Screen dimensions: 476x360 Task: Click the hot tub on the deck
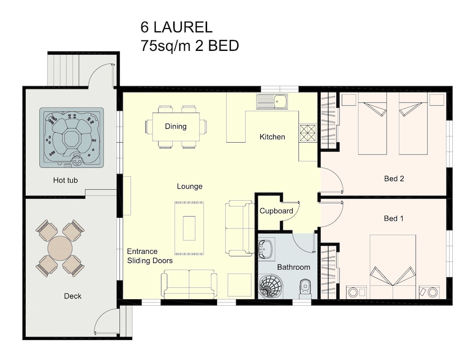coord(71,137)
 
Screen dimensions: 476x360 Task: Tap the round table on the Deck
coord(60,248)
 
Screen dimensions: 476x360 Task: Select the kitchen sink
coord(272,101)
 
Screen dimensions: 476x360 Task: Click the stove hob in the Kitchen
coord(308,133)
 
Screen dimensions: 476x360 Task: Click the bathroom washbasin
coord(267,249)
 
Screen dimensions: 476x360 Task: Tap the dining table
coord(176,126)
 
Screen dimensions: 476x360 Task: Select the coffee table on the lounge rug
coord(189,228)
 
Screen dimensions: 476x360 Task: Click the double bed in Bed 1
coord(393,267)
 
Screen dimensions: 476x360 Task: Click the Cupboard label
coord(276,211)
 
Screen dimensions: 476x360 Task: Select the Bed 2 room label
coord(394,178)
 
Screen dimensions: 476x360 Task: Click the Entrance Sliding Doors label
coord(149,256)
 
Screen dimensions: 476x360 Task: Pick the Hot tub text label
coord(65,180)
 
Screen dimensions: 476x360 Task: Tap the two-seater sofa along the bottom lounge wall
coord(189,283)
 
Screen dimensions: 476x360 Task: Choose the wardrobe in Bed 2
coord(329,120)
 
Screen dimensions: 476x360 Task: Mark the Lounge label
coord(190,186)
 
